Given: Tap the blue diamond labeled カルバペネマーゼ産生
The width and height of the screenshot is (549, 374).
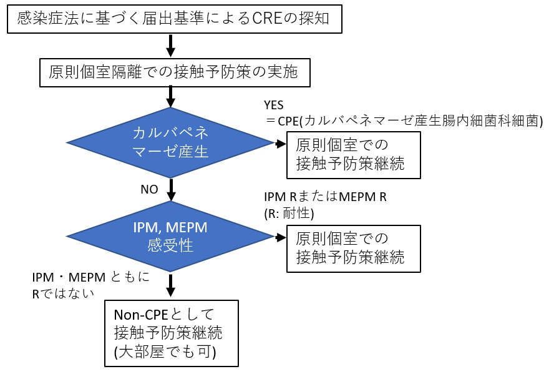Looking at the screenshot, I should (x=170, y=143).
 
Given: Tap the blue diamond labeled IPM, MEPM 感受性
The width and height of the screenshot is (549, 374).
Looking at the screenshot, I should (x=170, y=237).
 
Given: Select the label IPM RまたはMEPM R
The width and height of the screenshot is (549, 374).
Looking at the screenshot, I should (x=326, y=197).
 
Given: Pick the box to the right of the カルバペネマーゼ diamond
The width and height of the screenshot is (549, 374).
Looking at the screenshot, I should (x=352, y=153).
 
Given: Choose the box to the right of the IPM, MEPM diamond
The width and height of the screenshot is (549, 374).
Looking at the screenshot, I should (x=352, y=247).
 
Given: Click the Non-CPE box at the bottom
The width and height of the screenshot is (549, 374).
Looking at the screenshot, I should (x=170, y=333).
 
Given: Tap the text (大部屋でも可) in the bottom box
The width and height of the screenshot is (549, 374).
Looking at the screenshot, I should (x=165, y=352).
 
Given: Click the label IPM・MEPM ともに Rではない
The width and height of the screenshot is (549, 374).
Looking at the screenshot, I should (x=90, y=285).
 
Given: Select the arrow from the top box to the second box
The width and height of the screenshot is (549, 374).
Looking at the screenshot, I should (x=170, y=44).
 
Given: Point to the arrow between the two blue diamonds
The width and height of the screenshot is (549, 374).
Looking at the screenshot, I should (x=170, y=188).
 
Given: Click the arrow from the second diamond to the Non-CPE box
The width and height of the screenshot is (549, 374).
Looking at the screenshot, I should (x=170, y=284).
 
